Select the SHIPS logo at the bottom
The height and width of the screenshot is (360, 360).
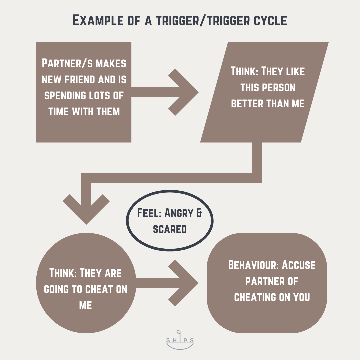coord(180,340)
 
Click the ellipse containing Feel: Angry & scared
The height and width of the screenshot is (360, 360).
coord(170,221)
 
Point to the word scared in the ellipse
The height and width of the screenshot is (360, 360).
coord(170,229)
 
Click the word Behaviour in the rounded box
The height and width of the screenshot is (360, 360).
coord(253,265)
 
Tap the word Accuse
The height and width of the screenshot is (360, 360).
coord(299,265)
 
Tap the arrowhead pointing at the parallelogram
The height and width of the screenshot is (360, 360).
coord(187,92)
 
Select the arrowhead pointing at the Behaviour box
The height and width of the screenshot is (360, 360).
coord(187,283)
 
